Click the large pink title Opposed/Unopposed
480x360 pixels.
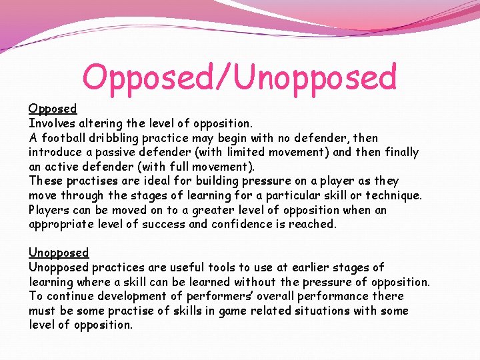point(239,78)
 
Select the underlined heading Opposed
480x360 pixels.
point(53,108)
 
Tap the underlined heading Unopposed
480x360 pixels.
point(59,253)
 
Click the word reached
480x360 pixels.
point(315,224)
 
